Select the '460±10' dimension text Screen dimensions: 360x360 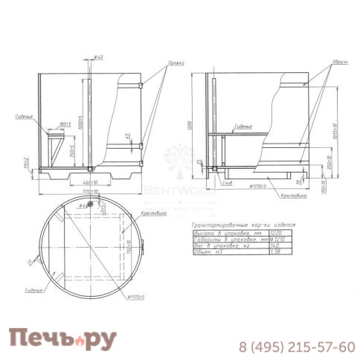(x=91, y=182)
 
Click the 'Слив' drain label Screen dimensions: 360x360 (x=225, y=181)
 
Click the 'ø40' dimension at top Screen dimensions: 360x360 (x=98, y=57)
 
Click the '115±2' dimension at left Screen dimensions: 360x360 (x=26, y=164)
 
